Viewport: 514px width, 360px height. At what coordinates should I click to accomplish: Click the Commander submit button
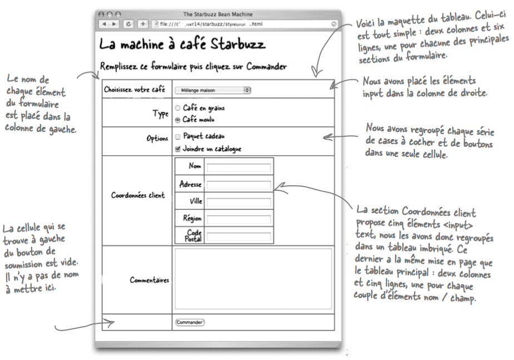coord(190,322)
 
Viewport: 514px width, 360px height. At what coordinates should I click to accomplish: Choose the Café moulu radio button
coord(177,119)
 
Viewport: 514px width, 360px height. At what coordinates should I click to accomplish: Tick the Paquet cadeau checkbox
coord(177,136)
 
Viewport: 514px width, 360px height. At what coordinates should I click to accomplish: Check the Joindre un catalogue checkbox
coord(177,149)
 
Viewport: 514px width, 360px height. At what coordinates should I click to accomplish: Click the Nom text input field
coord(238,167)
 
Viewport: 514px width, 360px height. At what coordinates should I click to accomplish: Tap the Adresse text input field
coord(238,185)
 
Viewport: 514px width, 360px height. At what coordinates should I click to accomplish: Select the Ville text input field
coord(238,202)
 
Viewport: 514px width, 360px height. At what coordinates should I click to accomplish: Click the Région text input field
coord(238,219)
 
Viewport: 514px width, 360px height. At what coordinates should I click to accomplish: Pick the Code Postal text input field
coord(238,236)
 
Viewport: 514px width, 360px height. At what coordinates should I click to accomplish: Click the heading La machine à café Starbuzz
coord(182,44)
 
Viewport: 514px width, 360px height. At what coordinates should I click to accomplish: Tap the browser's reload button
coord(130,23)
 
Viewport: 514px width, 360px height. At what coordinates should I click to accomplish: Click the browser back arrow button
coord(103,23)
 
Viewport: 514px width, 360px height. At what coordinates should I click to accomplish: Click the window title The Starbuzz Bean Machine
coord(216,13)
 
